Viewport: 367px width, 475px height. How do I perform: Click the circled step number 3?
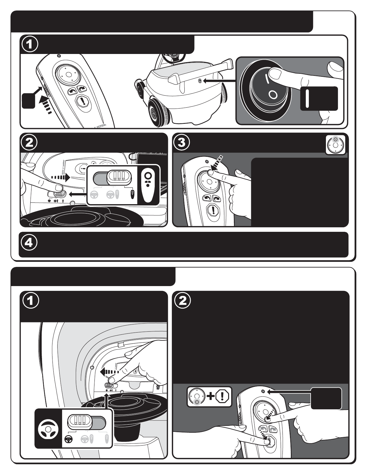pos(182,143)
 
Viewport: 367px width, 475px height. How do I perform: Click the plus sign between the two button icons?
pos(211,396)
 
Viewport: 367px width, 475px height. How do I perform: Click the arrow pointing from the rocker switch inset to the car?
pos(219,81)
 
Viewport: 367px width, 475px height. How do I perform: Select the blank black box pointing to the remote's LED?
pos(326,398)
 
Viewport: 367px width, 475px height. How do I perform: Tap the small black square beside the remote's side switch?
pos(28,100)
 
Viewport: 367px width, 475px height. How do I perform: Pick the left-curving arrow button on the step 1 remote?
pos(72,91)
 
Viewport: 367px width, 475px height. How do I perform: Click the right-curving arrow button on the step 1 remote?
pos(82,88)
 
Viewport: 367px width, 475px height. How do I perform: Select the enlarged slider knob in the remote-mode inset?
pos(119,177)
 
